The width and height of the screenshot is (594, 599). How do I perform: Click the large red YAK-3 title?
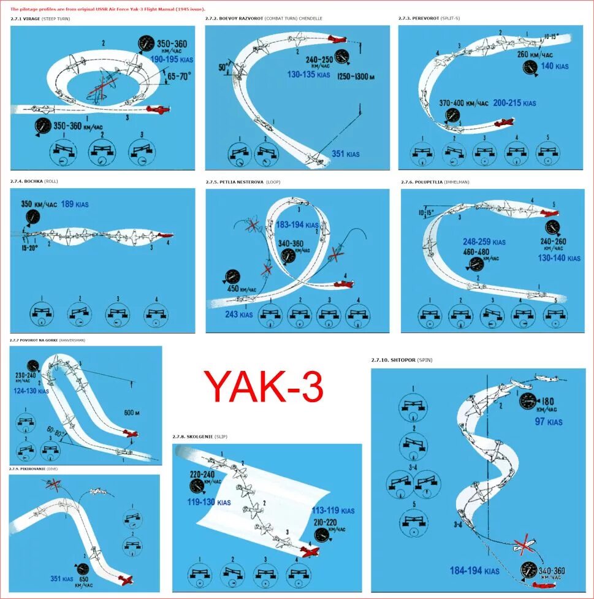264,387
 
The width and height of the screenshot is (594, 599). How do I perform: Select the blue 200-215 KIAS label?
514,103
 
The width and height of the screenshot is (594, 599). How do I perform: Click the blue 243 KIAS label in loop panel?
238,315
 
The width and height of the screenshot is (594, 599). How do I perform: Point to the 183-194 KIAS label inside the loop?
297,225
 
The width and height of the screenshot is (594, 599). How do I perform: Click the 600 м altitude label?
132,413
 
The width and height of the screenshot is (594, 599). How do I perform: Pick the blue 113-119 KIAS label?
333,510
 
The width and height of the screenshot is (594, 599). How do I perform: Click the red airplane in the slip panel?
310,551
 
